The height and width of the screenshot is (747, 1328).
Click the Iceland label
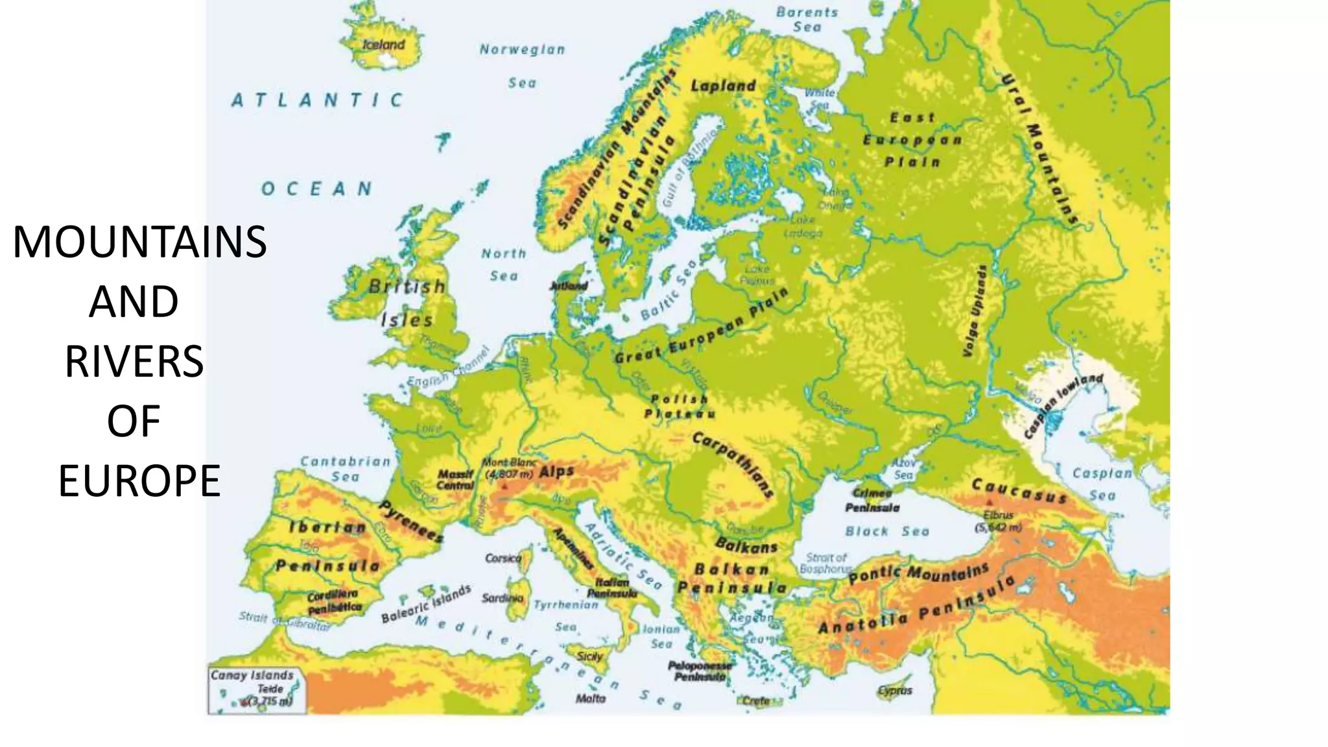383,45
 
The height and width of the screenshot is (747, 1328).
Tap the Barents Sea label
807,19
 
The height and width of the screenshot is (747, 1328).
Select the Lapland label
723,86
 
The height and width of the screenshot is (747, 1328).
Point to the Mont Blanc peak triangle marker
504,486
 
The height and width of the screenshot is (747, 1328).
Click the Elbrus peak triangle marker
990,503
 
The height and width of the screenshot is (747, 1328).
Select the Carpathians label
733,464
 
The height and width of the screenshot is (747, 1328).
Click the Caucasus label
1019,492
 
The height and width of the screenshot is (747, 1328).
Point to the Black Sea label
886,532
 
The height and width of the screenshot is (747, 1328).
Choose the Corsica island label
503,558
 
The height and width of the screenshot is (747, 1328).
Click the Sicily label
589,656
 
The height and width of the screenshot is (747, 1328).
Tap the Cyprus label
895,691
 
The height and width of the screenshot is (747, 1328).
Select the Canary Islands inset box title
252,675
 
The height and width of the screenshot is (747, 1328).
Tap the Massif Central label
455,480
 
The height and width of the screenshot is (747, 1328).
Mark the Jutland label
569,285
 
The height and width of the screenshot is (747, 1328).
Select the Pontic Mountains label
919,573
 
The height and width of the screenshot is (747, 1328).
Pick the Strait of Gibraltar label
284,621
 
